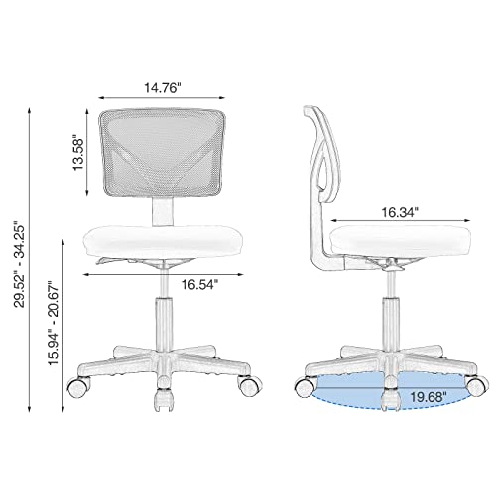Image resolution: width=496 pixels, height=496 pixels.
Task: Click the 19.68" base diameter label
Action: pos(429,395)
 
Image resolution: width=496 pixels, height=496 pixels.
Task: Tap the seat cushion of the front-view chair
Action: pos(161,239)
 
